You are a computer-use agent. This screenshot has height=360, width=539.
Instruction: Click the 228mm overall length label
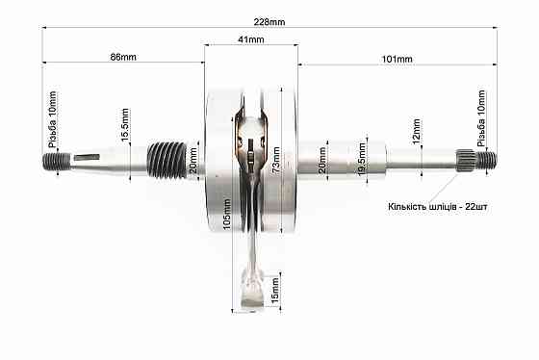pyautogui.click(x=269, y=22)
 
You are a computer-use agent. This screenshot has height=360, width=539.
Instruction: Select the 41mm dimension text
pyautogui.click(x=251, y=39)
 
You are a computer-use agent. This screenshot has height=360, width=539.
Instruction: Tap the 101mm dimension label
pyautogui.click(x=397, y=59)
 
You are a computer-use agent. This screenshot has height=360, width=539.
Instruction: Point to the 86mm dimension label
pyautogui.click(x=123, y=57)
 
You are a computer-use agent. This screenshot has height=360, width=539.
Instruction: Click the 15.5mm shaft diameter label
pyautogui.click(x=125, y=124)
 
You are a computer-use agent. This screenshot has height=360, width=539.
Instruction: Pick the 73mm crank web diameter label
pyautogui.click(x=275, y=160)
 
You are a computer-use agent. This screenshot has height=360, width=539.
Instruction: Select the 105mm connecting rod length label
pyautogui.click(x=227, y=215)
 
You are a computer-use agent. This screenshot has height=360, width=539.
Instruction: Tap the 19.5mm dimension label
pyautogui.click(x=362, y=159)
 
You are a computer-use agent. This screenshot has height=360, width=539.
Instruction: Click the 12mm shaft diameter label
pyautogui.click(x=416, y=132)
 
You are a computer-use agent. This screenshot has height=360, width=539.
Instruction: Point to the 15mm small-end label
pyautogui.click(x=275, y=291)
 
